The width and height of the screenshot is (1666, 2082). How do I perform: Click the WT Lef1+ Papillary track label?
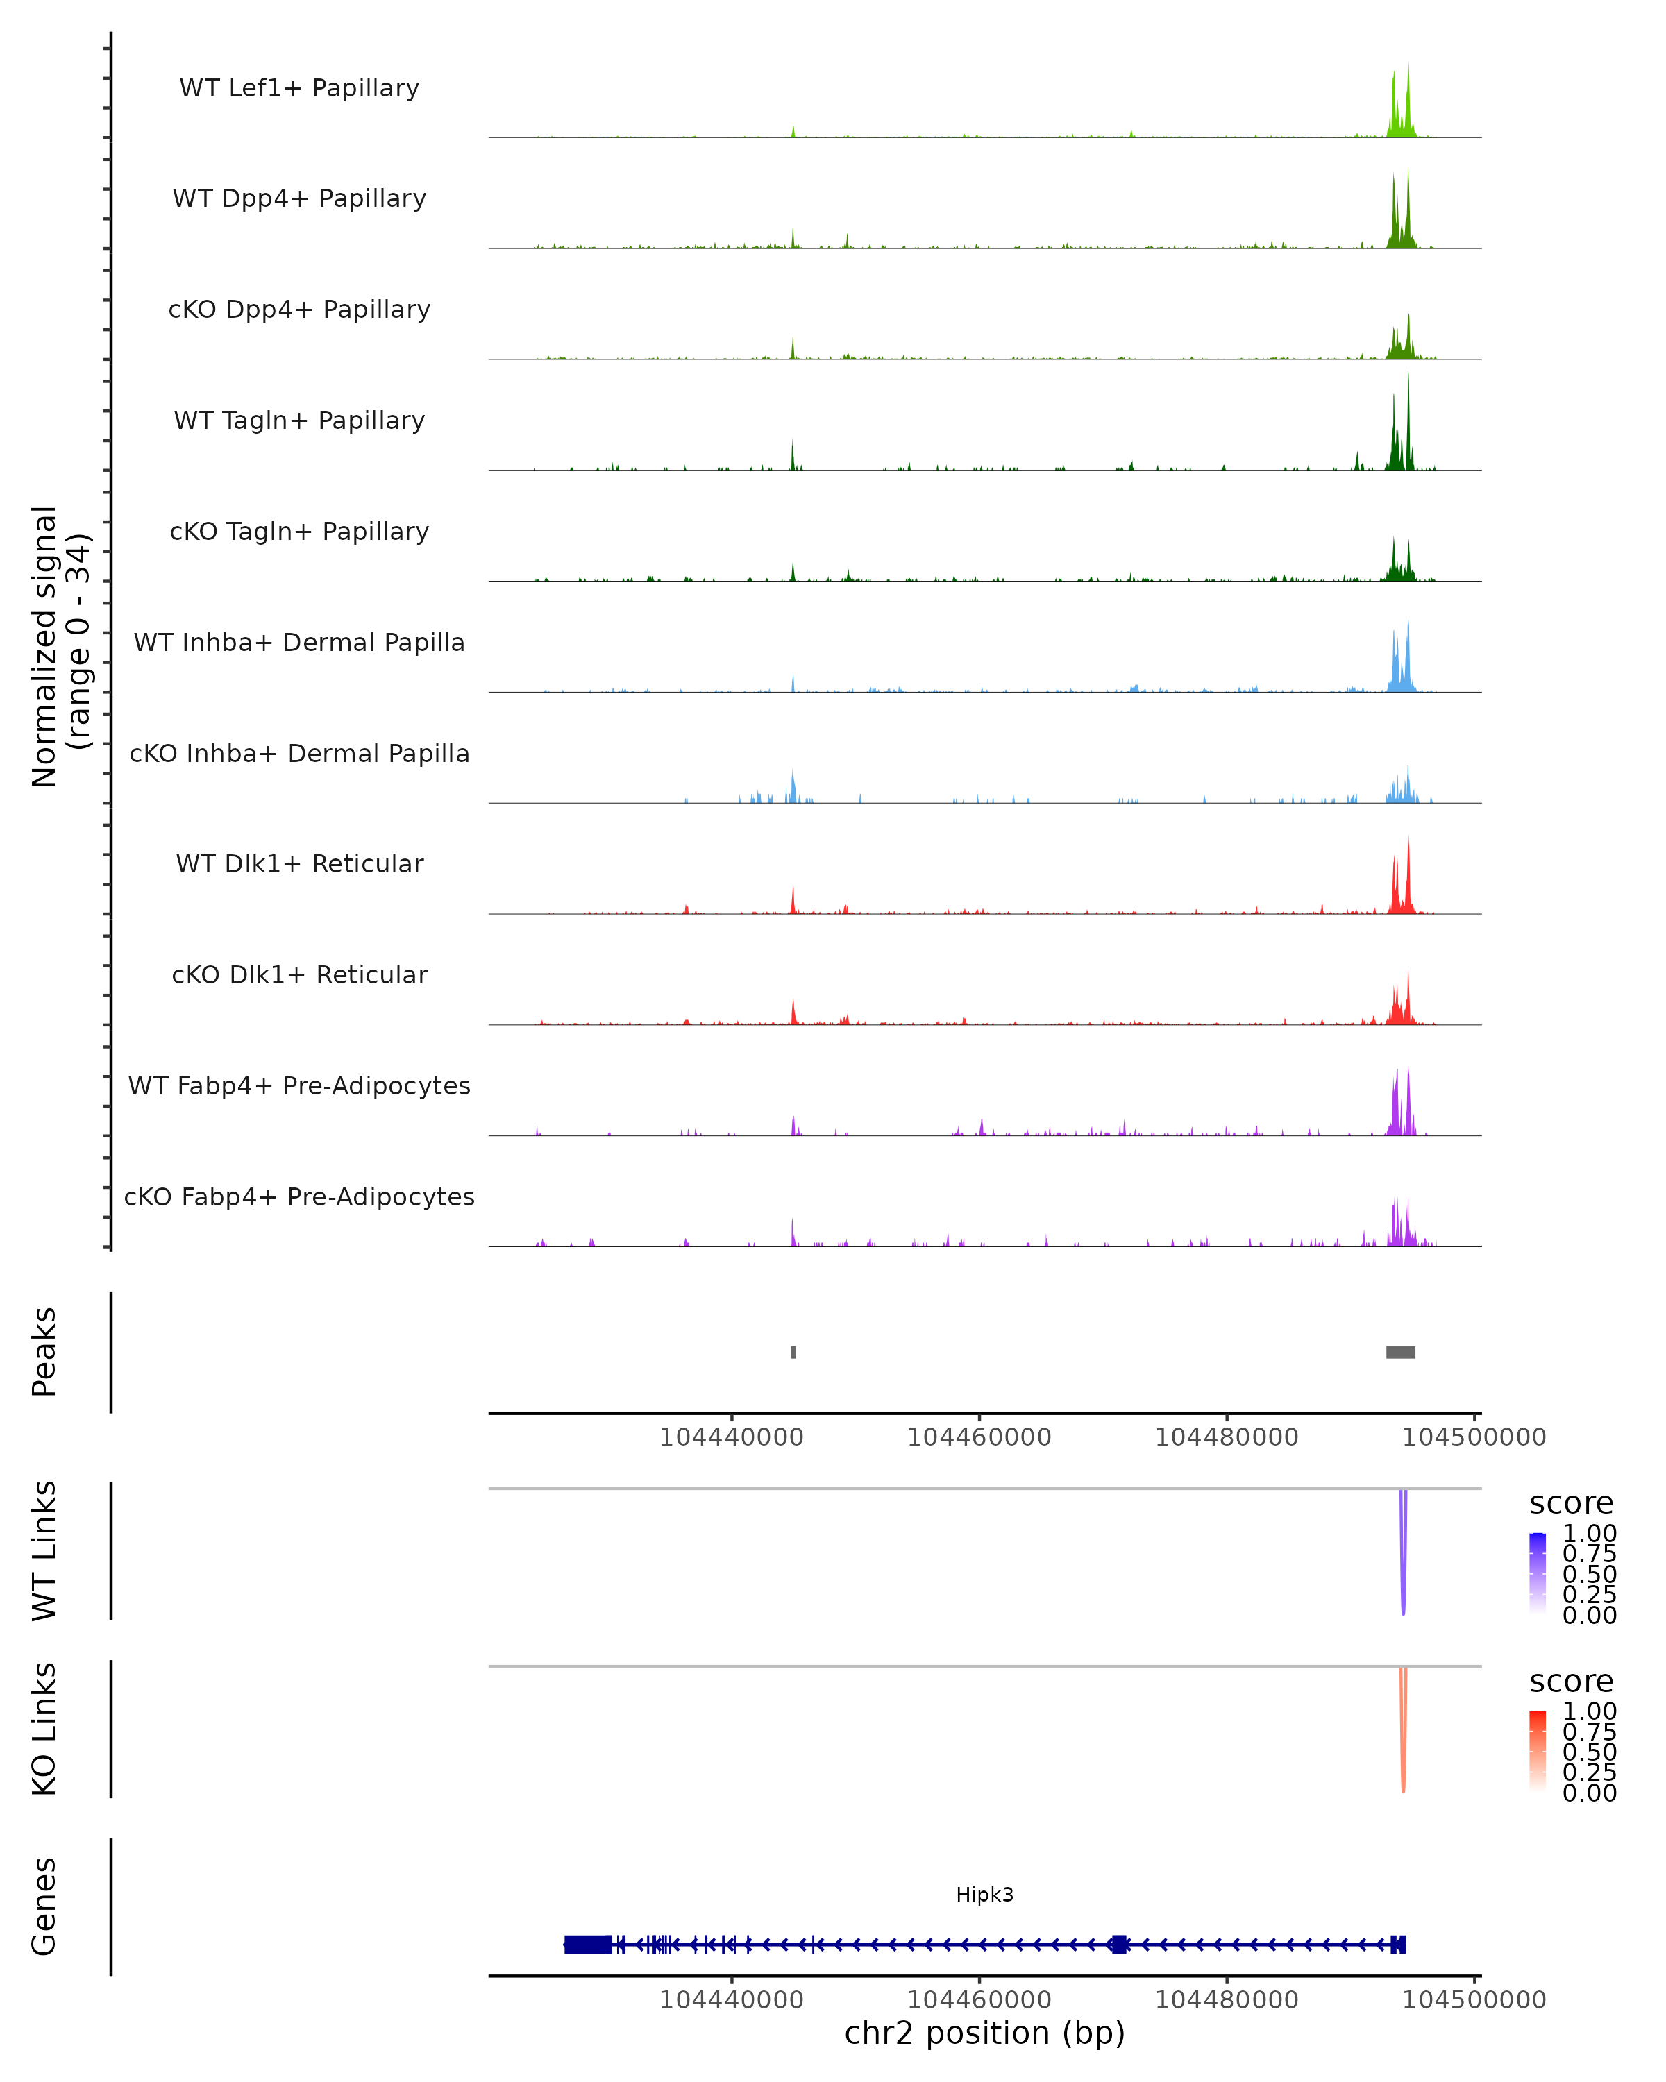299,88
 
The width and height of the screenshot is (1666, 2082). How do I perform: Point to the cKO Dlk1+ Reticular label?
299,974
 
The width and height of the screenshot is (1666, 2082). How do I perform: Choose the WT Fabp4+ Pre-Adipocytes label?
299,1085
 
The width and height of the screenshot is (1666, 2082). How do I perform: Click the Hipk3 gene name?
984,1894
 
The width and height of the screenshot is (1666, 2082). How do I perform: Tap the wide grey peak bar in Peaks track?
1400,1352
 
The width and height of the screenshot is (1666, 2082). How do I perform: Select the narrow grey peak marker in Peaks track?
793,1352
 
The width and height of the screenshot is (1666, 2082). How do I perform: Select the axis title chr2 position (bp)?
984,2033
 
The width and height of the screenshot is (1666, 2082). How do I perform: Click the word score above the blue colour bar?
1570,1504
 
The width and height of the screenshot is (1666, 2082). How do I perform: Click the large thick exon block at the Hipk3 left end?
587,1944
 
